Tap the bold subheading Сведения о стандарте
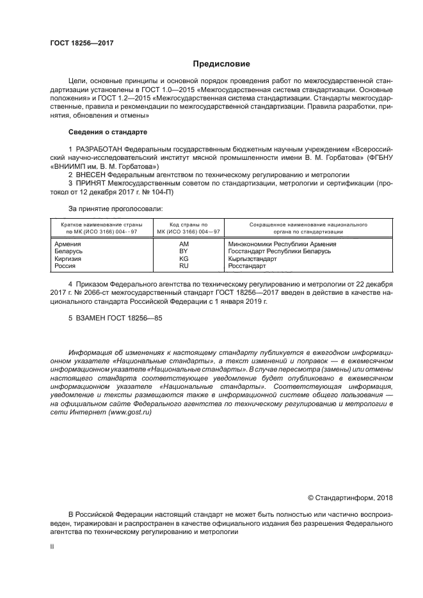(x=108, y=132)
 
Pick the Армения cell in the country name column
(x=68, y=244)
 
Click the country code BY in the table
(x=184, y=251)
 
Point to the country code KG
(x=184, y=258)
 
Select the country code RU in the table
(x=184, y=265)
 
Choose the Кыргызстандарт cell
(x=253, y=258)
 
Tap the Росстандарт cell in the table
(x=246, y=265)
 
